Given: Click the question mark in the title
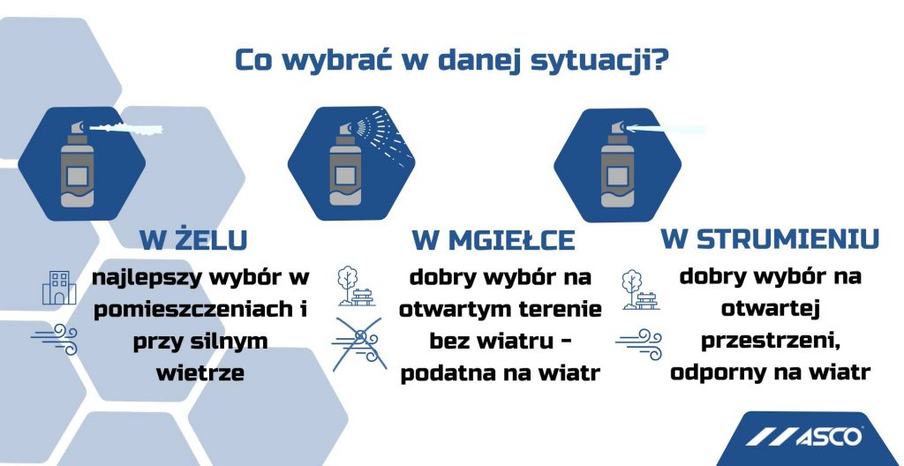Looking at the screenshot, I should [658, 60].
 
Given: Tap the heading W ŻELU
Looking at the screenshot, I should [192, 240].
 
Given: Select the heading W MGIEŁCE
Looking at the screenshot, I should [493, 240].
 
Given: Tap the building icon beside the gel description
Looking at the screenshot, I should [59, 288].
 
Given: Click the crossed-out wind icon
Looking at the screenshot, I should [357, 343].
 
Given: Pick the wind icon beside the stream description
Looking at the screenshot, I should [638, 339].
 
